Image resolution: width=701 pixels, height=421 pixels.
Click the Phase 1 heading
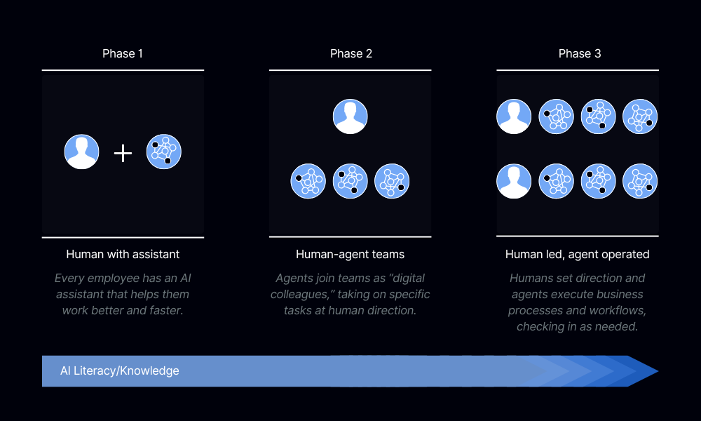123,54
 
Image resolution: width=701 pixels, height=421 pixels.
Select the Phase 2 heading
350,54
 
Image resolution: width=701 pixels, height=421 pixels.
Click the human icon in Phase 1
82,152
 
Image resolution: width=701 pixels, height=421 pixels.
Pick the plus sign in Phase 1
123,153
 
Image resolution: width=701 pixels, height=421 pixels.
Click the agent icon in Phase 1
164,152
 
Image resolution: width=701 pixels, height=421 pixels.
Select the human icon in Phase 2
350,116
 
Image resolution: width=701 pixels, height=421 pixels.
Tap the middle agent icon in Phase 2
350,181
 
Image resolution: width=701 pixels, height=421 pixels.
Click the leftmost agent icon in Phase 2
308,181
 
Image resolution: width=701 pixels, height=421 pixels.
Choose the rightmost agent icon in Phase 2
392,181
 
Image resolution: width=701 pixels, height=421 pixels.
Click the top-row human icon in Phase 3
515,116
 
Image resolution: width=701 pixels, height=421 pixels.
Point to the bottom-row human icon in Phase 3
515,181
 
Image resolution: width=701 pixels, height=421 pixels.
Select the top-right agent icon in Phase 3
640,116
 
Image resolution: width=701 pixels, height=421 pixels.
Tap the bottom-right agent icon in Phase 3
640,181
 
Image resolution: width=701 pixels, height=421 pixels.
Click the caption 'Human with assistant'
123,254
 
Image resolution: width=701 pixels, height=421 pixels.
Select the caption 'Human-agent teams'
350,254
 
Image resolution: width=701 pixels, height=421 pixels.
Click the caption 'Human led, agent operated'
578,254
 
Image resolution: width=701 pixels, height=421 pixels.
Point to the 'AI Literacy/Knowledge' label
119,370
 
